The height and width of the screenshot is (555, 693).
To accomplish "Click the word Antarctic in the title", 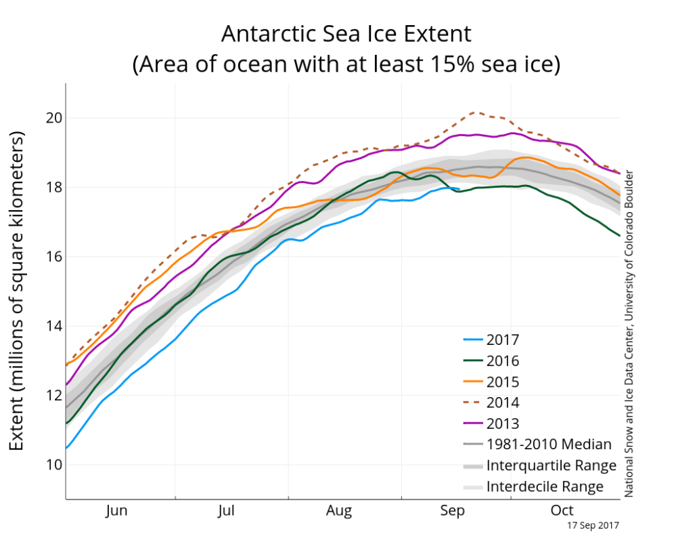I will coord(268,34).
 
